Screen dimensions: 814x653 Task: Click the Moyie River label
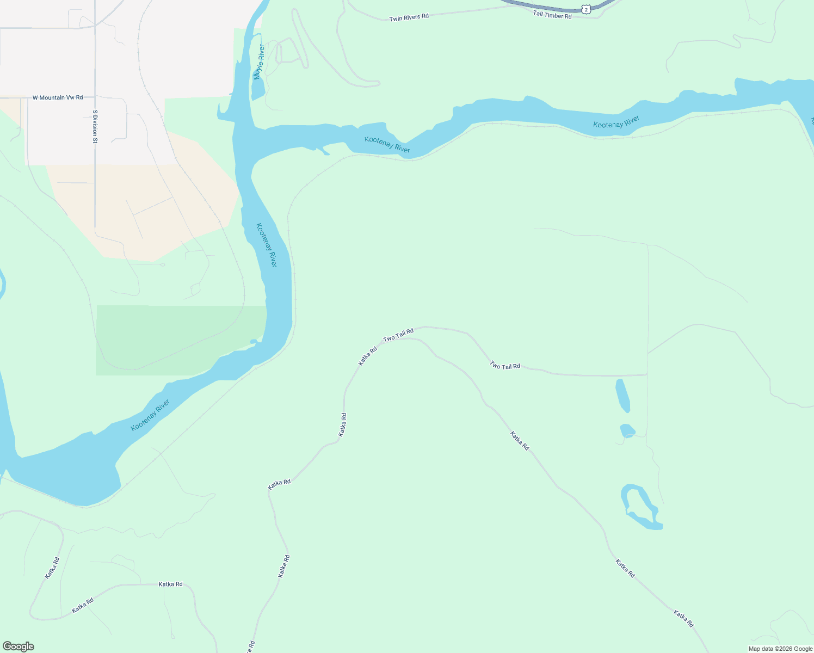259,62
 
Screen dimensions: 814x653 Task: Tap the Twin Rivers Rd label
409,17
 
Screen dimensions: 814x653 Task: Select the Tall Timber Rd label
552,15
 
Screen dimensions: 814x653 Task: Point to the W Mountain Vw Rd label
58,98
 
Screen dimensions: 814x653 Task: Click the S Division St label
95,127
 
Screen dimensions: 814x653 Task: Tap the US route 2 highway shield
585,9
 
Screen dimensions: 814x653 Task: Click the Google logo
18,646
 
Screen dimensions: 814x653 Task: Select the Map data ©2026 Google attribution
780,649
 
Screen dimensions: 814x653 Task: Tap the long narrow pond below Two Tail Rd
622,396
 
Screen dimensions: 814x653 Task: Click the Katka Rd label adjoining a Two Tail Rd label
368,356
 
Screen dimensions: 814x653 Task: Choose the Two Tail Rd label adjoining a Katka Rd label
398,335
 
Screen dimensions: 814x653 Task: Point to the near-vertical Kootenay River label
267,245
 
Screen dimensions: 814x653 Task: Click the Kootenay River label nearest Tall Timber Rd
616,122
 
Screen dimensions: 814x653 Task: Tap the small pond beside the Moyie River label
258,90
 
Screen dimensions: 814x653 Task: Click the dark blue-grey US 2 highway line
544,7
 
